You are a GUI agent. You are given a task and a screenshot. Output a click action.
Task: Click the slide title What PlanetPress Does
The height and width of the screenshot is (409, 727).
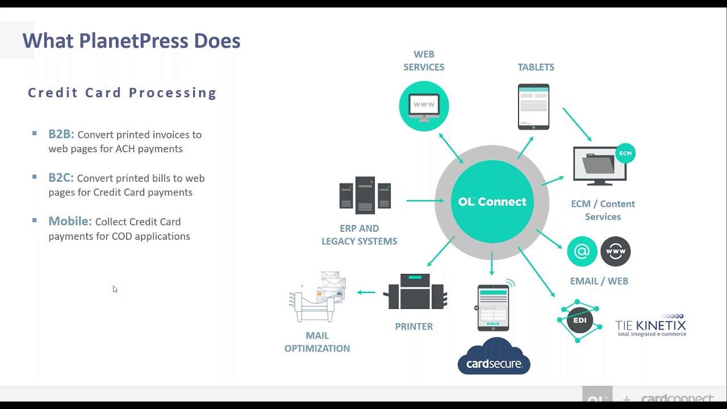131,41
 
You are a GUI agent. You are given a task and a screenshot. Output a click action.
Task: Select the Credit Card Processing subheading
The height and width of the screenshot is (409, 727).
122,93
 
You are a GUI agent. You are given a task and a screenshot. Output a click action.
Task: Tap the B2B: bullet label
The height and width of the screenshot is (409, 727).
61,134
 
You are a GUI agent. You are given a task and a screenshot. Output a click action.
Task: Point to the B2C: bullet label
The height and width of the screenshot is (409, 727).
61,178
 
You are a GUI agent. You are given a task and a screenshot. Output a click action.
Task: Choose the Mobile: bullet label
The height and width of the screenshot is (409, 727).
70,222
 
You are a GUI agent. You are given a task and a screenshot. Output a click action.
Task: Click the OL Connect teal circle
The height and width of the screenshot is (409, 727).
492,202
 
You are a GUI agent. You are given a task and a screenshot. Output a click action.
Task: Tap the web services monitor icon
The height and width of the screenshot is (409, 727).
424,106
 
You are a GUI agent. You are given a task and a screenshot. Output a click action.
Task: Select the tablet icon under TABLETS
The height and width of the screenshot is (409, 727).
533,107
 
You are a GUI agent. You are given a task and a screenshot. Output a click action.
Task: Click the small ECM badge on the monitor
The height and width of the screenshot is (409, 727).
625,153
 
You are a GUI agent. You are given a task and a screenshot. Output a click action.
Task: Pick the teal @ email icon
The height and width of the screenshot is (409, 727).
582,251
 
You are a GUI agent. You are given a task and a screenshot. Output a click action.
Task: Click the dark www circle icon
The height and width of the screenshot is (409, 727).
616,251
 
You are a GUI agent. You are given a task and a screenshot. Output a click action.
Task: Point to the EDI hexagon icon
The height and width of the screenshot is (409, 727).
579,320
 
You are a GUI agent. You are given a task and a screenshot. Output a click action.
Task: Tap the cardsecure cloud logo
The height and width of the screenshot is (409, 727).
494,357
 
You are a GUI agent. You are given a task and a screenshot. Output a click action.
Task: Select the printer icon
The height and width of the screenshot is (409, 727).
415,292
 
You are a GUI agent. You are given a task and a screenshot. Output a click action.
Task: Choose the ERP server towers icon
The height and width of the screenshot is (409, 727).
365,195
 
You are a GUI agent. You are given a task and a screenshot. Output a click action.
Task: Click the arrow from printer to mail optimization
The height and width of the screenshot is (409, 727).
366,293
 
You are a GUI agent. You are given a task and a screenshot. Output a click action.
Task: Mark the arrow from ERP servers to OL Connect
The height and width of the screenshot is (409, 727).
425,201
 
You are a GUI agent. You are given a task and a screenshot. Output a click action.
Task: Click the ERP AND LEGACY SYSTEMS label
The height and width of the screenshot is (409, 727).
359,235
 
